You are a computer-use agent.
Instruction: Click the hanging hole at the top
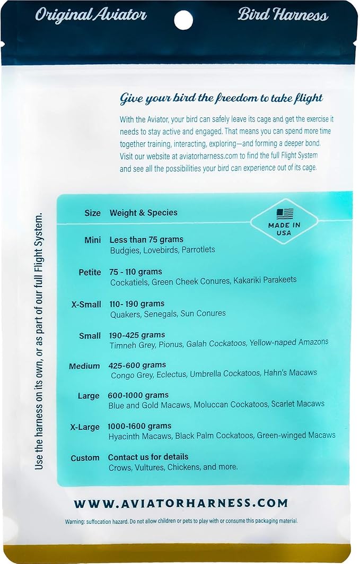183,20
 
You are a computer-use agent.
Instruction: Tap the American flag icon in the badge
285,214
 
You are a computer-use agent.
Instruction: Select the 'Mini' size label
92,240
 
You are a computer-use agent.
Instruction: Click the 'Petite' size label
90,272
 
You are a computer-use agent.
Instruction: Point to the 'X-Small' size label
86,304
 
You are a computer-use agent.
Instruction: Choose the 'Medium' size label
84,366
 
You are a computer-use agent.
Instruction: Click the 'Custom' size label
85,457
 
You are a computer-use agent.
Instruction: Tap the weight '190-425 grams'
137,335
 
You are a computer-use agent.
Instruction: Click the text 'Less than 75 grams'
146,240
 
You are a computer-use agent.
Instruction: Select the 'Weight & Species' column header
144,213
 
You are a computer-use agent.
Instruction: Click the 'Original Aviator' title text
91,15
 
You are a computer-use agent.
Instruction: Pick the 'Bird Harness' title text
283,15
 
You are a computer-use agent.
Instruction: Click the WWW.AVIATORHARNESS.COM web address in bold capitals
181,503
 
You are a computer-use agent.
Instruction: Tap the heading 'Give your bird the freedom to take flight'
222,99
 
